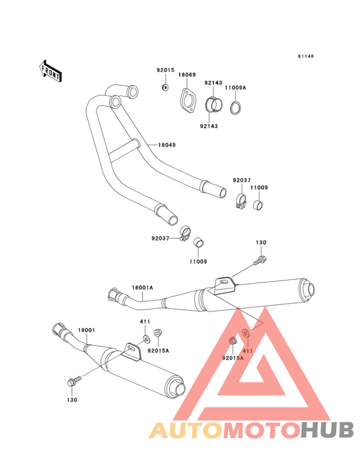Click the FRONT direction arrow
tap(50, 71)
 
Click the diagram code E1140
tap(306, 56)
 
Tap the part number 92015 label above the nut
tap(165, 70)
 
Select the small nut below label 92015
tap(164, 88)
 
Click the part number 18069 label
tap(187, 75)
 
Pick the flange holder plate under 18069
tap(188, 101)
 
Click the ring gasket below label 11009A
tap(235, 107)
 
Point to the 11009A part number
tap(235, 88)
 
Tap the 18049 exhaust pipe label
tap(166, 145)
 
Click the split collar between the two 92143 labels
tap(213, 104)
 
